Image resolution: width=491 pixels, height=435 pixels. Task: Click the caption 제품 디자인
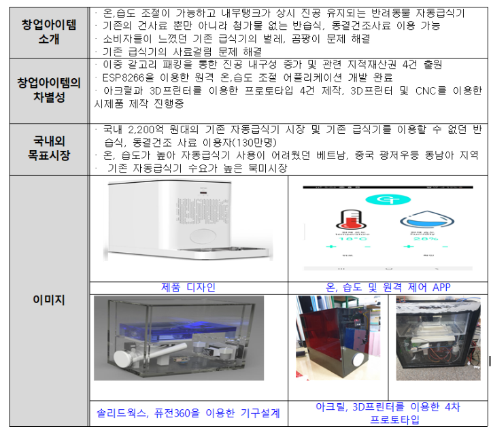[x=188, y=287]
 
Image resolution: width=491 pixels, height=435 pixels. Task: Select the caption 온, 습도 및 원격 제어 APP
[x=388, y=287]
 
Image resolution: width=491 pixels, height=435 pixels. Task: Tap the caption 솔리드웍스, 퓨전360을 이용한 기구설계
[x=188, y=413]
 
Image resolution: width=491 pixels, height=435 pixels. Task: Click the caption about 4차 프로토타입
[x=388, y=413]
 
